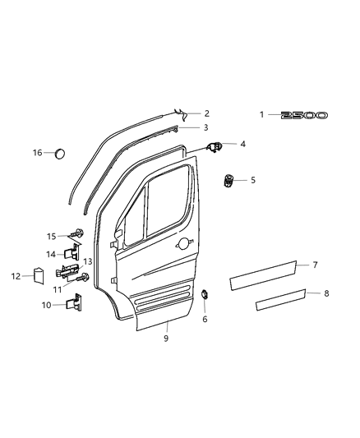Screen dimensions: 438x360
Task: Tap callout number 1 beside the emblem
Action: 262,115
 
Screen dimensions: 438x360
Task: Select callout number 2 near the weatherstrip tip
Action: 206,113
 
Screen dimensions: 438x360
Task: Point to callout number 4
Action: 242,144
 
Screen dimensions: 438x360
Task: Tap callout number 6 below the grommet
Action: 205,319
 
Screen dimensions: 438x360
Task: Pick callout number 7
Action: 316,265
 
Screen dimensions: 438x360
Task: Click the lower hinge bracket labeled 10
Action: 76,304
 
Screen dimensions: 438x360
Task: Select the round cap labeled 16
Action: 61,154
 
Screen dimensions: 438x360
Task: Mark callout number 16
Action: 37,153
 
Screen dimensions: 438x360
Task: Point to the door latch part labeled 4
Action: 215,146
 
